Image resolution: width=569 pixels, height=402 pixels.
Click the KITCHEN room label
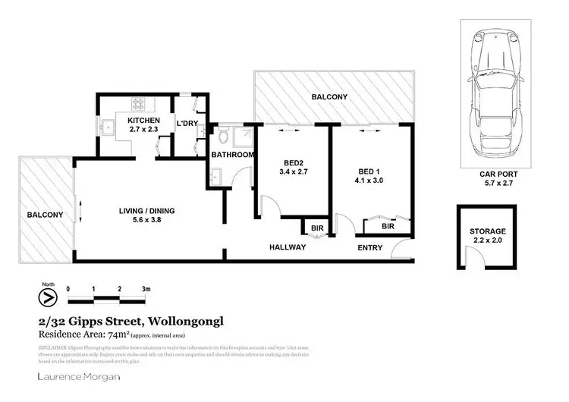(143, 121)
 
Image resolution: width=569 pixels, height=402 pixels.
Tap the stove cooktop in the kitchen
(140, 105)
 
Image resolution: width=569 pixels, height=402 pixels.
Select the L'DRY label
(187, 124)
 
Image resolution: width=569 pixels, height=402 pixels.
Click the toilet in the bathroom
(223, 139)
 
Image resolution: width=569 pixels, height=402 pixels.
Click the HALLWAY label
(288, 247)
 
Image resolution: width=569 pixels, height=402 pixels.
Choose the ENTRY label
(371, 247)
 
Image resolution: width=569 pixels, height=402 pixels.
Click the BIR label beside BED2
(315, 226)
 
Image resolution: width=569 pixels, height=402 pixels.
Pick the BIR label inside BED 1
(388, 226)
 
